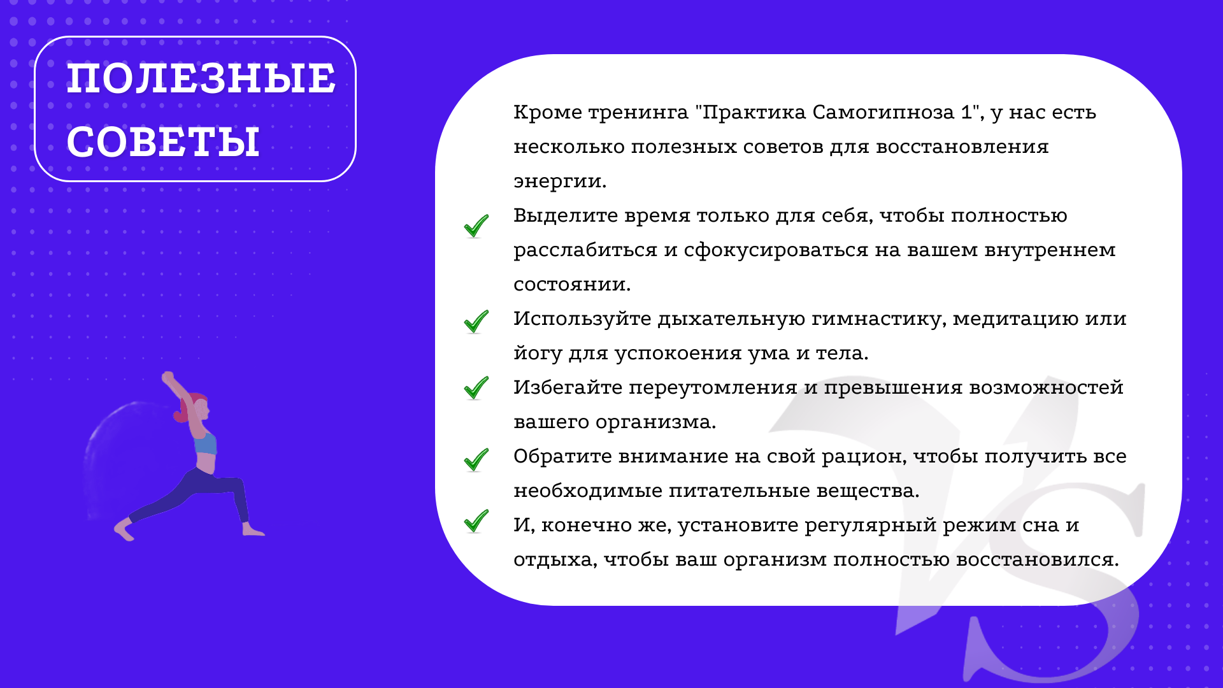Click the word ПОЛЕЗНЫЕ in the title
[201, 78]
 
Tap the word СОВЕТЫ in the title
[163, 141]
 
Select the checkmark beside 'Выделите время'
[476, 226]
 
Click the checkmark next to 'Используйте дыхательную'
[476, 321]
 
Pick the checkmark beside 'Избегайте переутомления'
[476, 387]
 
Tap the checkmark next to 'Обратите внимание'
[476, 459]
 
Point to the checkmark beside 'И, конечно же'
[476, 520]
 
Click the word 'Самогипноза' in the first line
[883, 113]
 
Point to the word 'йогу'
[538, 353]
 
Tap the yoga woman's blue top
[205, 443]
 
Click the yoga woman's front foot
[252, 530]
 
